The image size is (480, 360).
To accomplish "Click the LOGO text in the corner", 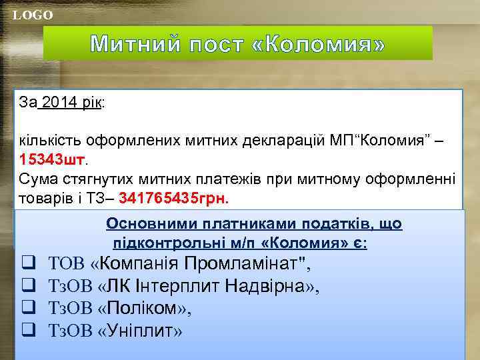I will [33, 15].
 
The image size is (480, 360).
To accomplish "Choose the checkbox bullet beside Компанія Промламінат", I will [28, 263].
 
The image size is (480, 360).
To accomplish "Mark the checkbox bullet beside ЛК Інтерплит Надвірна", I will [28, 286].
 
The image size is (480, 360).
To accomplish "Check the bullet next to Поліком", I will [28, 309].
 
